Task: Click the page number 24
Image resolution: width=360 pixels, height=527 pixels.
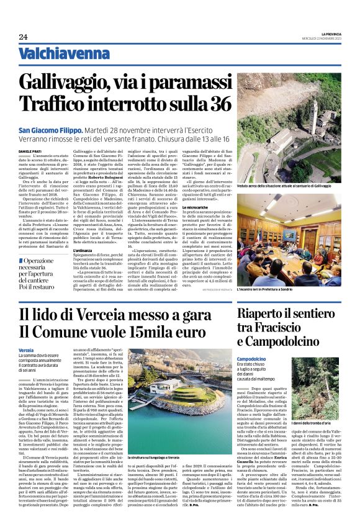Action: (x=23, y=37)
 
